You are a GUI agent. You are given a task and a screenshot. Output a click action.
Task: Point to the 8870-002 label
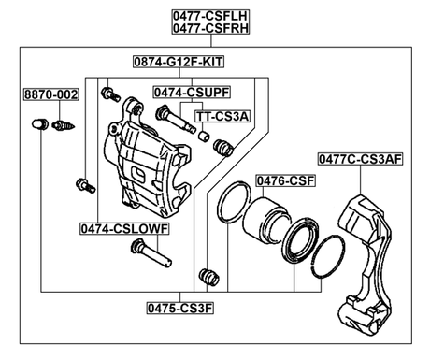click(x=51, y=95)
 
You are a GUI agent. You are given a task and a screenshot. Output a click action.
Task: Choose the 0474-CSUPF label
click(x=193, y=93)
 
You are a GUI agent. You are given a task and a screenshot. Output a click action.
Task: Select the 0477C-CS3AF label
click(x=360, y=160)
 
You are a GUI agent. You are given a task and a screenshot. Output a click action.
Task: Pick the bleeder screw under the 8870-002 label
click(x=64, y=124)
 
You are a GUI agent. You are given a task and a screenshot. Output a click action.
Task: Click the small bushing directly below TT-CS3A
click(x=204, y=137)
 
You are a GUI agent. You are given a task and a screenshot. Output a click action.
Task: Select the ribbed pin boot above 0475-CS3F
click(x=208, y=276)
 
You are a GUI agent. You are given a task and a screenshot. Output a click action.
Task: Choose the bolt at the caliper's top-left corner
click(x=110, y=93)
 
